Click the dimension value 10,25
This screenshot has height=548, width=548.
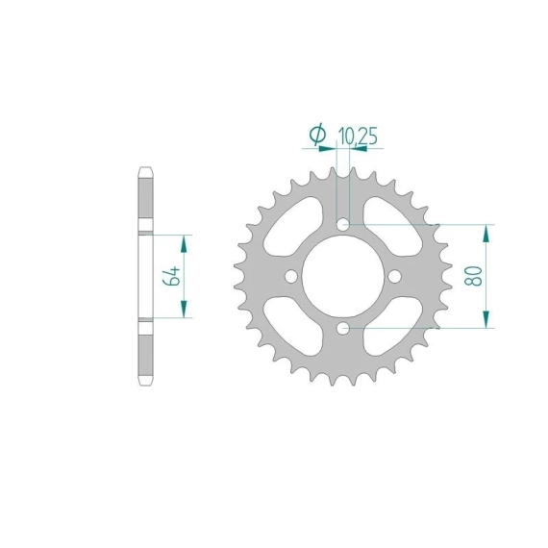click(358, 137)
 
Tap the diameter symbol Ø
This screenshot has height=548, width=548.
click(317, 134)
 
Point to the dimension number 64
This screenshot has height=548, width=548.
click(171, 276)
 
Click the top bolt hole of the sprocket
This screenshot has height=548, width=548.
click(343, 224)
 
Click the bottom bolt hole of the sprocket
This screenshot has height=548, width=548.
click(343, 328)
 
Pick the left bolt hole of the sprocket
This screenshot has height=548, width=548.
click(291, 277)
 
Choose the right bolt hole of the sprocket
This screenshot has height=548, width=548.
click(395, 277)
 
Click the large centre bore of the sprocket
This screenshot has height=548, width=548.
click(343, 277)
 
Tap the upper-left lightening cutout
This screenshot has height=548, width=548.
click(293, 227)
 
